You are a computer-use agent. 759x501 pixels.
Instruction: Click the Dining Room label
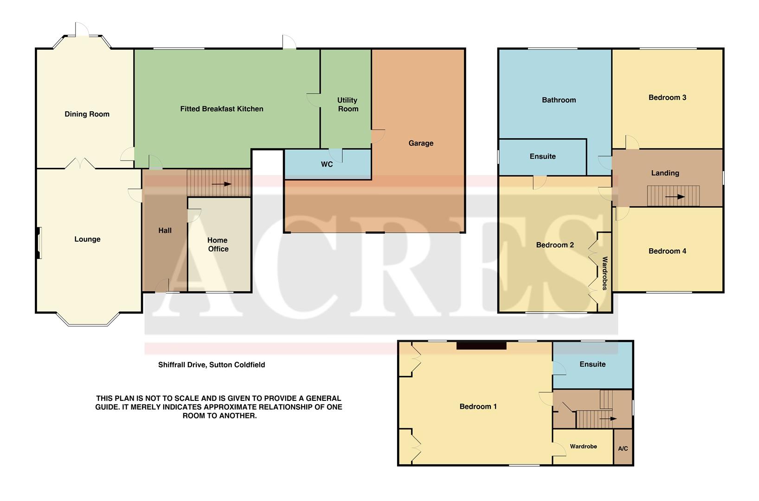(x=87, y=114)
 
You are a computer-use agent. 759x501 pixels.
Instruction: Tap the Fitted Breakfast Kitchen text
(x=222, y=109)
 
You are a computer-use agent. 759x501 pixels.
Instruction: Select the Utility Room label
(x=347, y=104)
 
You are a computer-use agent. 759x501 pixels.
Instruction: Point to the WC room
(x=327, y=165)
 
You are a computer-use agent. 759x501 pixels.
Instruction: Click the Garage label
(x=421, y=143)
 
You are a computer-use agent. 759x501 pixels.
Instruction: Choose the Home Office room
(x=218, y=244)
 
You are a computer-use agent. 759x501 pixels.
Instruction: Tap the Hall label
(x=165, y=231)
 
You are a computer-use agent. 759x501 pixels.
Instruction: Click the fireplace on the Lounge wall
(x=39, y=243)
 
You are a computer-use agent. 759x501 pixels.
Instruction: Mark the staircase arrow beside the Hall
(x=221, y=184)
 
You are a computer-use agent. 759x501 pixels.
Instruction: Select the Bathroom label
(x=559, y=100)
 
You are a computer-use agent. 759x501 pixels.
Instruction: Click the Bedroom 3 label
(x=667, y=97)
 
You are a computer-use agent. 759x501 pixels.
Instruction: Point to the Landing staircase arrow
(x=675, y=197)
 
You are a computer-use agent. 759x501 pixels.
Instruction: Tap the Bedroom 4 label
(x=667, y=251)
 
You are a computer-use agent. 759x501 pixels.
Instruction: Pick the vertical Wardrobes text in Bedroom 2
(x=605, y=273)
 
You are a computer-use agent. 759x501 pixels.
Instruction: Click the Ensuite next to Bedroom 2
(x=542, y=156)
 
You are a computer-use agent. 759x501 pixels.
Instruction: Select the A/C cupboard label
(x=623, y=449)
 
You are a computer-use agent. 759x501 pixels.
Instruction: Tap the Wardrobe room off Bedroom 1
(x=583, y=446)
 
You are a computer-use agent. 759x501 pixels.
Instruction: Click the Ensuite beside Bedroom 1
(x=592, y=364)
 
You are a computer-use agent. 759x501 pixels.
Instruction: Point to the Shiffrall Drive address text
(x=212, y=365)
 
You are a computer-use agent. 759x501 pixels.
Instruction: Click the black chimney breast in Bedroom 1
(x=481, y=345)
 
